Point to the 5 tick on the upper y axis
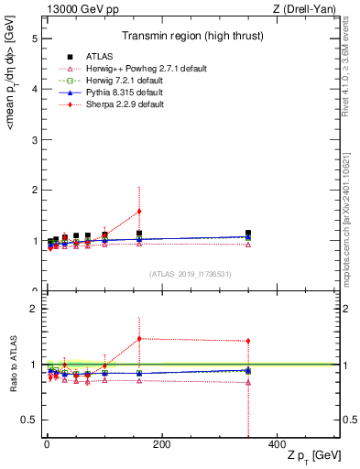point(34,39)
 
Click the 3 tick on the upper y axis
point(34,140)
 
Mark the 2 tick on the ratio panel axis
point(34,309)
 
